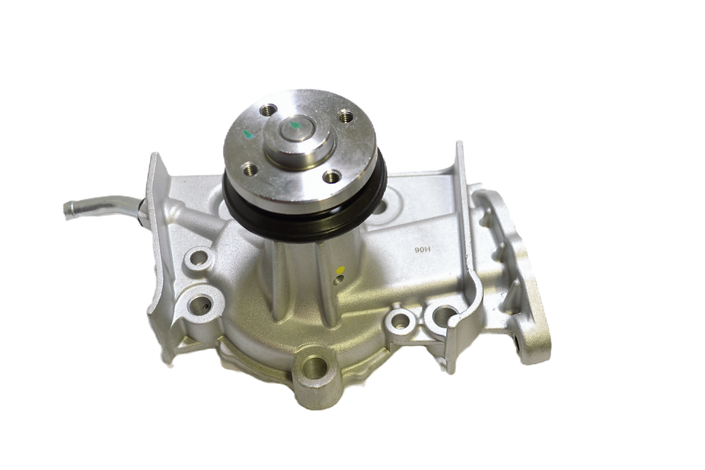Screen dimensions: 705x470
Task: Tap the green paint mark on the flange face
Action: (x=247, y=134)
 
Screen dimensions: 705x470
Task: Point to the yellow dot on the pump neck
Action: (x=341, y=270)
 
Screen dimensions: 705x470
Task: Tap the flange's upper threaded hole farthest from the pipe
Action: (x=346, y=117)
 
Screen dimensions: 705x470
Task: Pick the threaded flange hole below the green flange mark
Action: (x=250, y=170)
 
